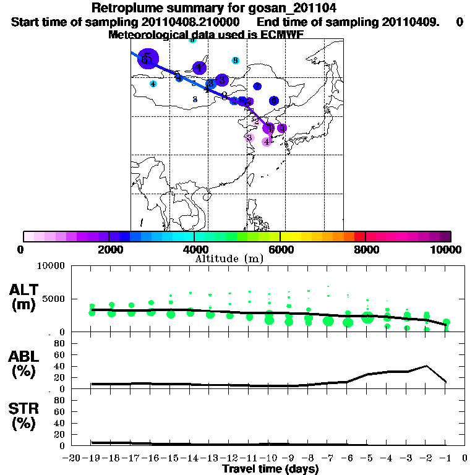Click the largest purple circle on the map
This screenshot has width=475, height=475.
[147, 59]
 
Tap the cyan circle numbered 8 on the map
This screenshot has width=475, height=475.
[235, 60]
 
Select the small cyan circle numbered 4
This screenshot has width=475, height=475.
[153, 83]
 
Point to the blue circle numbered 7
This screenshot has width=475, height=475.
[257, 86]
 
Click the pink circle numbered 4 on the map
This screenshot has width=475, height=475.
[267, 141]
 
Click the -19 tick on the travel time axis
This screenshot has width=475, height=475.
[92, 458]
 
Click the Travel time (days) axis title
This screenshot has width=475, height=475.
[270, 469]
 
